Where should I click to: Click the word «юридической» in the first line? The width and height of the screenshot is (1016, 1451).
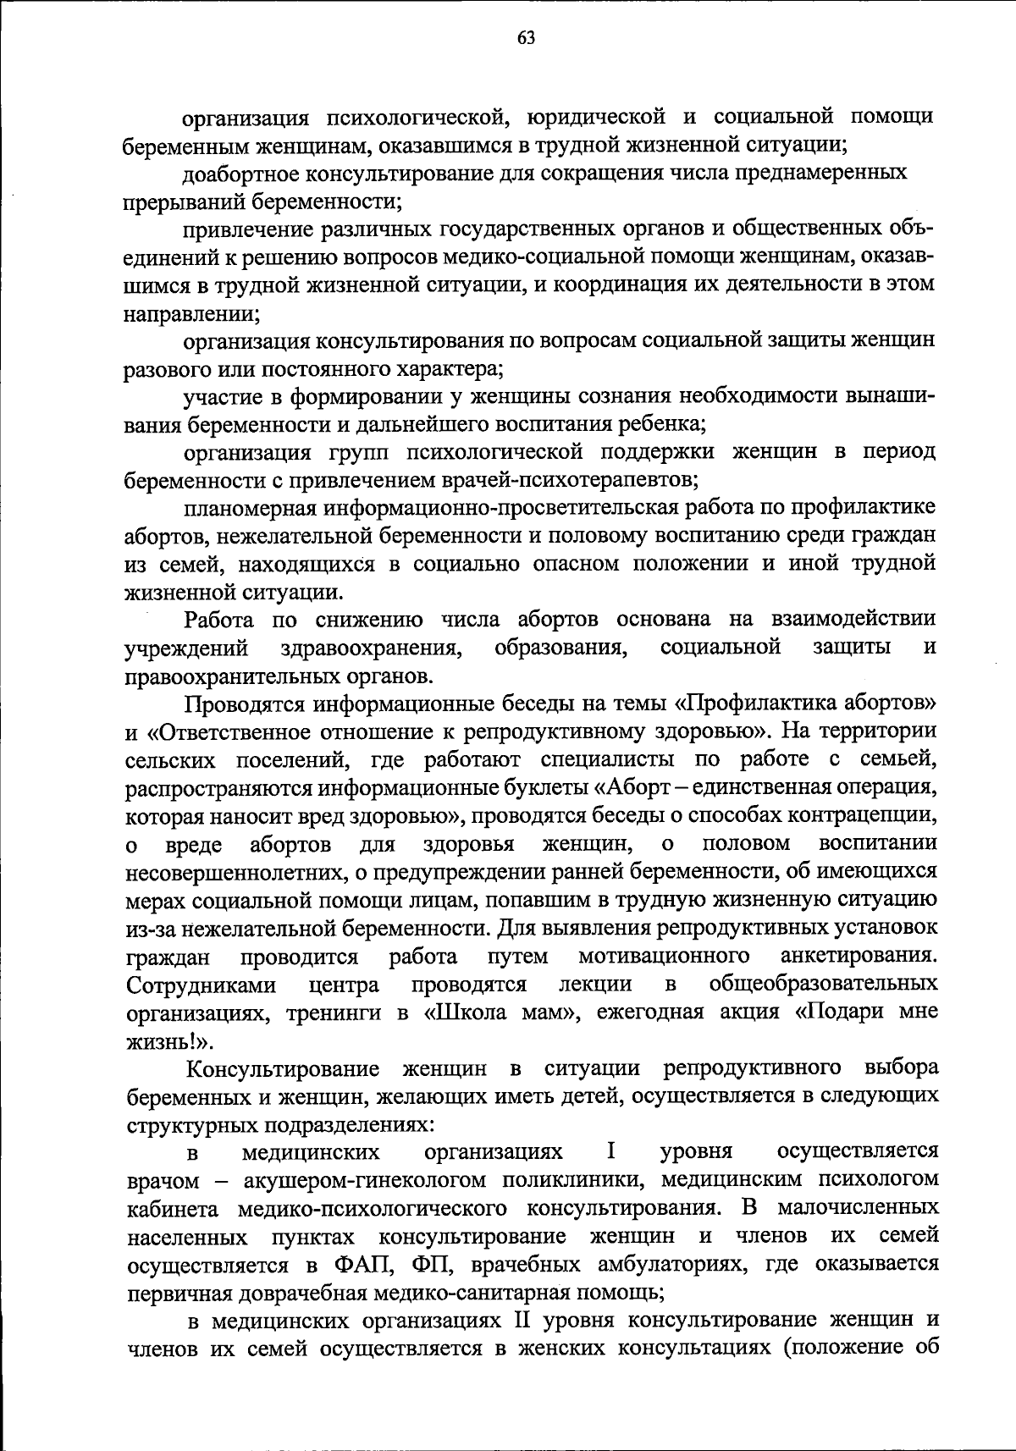(593, 116)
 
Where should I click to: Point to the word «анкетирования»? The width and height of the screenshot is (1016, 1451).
(859, 957)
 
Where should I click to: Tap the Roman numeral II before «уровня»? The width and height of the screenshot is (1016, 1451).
(522, 1321)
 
